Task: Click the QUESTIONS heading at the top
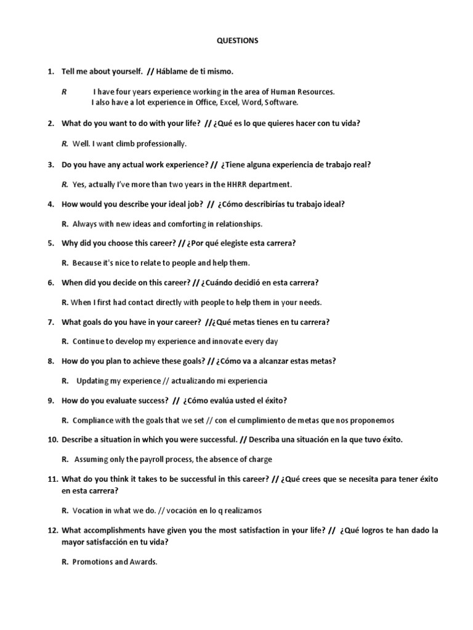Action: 237,41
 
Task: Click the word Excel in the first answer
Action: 229,102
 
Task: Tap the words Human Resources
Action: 301,92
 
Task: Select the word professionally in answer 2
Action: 163,143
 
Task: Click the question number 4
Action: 51,204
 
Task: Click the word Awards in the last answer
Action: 144,562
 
